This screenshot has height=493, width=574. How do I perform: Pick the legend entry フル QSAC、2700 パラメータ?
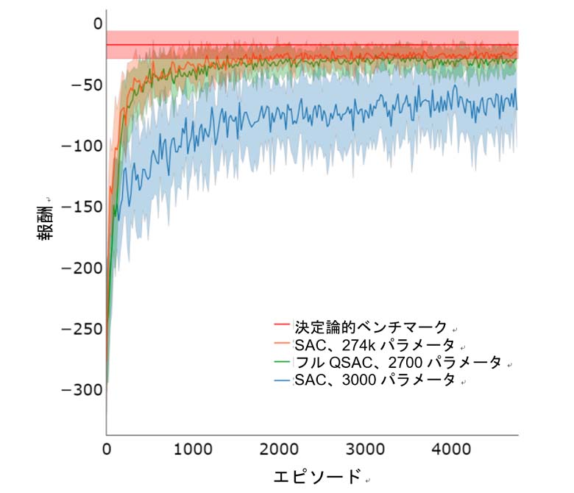pyautogui.click(x=397, y=363)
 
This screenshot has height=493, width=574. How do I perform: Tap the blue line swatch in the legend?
pyautogui.click(x=283, y=380)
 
